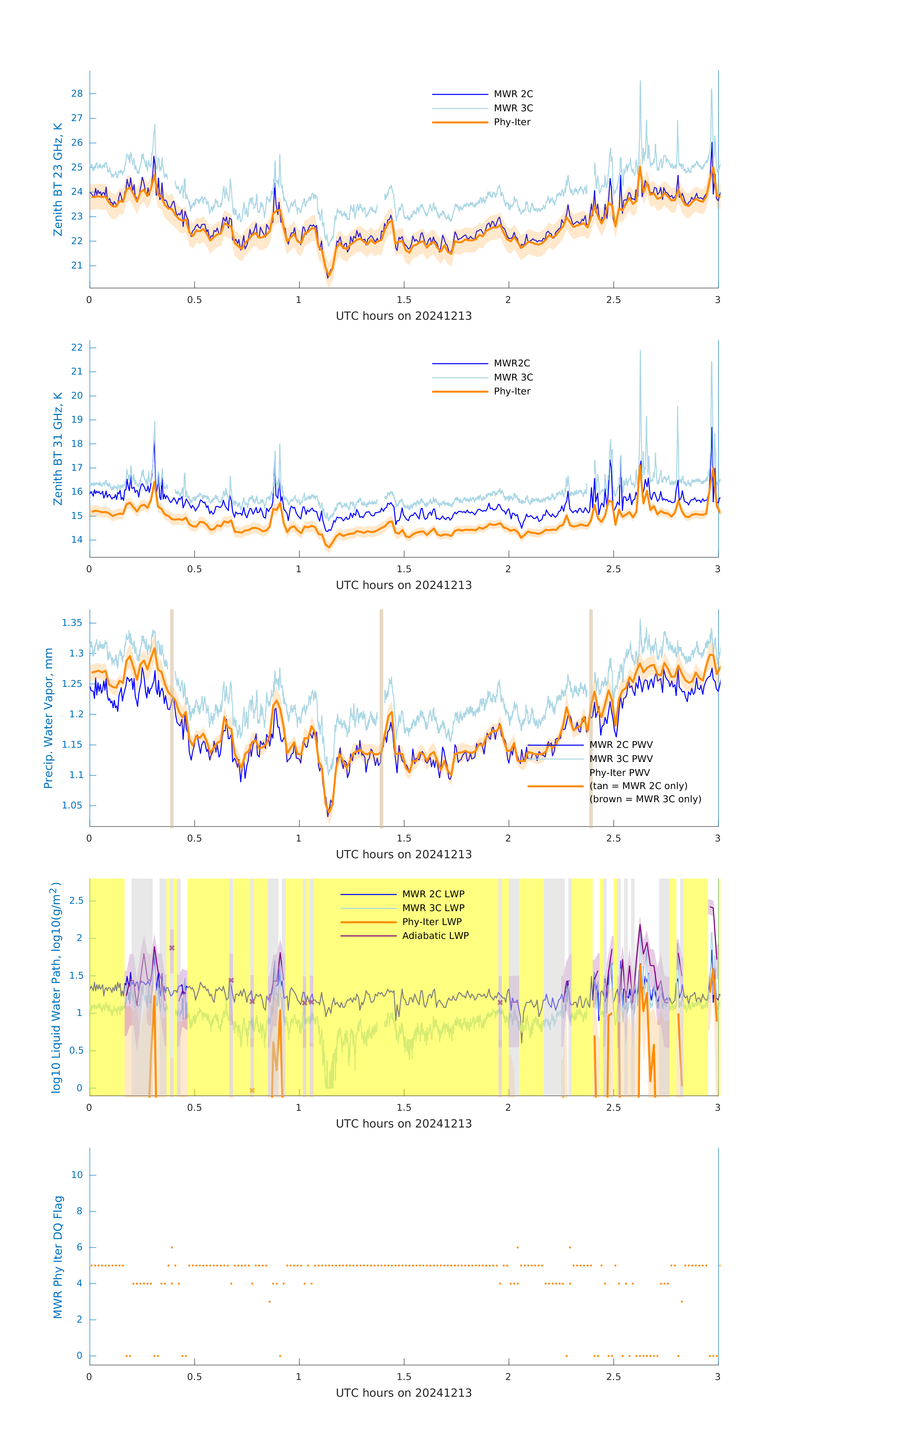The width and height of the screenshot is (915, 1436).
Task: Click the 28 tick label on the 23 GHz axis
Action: [x=77, y=94]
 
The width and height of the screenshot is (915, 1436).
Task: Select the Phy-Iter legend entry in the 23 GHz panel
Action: [x=511, y=122]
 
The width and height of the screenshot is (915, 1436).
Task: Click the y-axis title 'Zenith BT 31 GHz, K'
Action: [x=58, y=449]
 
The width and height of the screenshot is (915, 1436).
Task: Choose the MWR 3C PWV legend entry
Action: [x=621, y=758]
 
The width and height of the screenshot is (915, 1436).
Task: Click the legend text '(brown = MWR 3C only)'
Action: [x=645, y=799]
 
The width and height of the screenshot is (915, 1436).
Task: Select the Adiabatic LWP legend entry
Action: [x=435, y=936]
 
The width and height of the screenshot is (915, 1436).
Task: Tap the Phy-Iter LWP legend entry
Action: [x=432, y=922]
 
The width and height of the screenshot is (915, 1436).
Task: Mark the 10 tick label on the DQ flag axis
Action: [x=77, y=1175]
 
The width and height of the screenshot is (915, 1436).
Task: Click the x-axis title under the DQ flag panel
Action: [x=404, y=1393]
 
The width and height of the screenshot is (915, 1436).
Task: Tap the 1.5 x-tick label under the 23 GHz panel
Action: [x=404, y=300]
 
